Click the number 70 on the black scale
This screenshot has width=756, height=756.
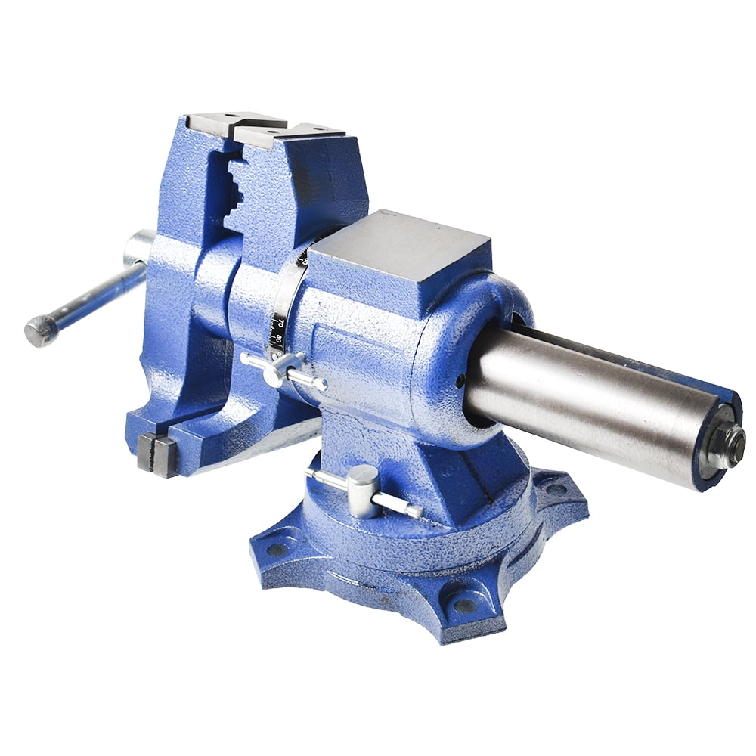[280, 324]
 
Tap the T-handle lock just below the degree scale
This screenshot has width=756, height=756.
[277, 368]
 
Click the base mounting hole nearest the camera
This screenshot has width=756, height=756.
[463, 604]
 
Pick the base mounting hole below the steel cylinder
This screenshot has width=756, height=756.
[556, 489]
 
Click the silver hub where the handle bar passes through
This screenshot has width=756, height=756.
[139, 247]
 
